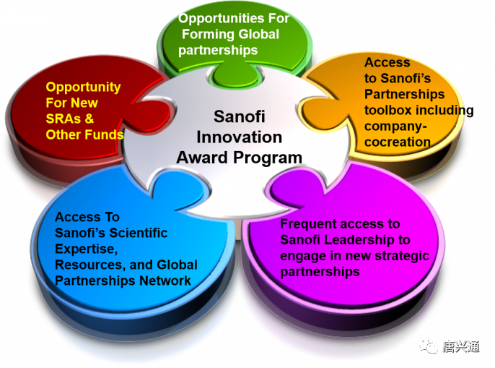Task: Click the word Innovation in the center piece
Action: coord(239,137)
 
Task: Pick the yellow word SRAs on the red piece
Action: coord(63,119)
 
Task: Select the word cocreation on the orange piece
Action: coord(398,142)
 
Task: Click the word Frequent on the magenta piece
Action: coord(308,224)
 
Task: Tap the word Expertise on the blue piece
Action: coord(86,249)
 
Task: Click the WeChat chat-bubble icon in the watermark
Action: coord(429,346)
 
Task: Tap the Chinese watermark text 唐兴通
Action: coord(461,347)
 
